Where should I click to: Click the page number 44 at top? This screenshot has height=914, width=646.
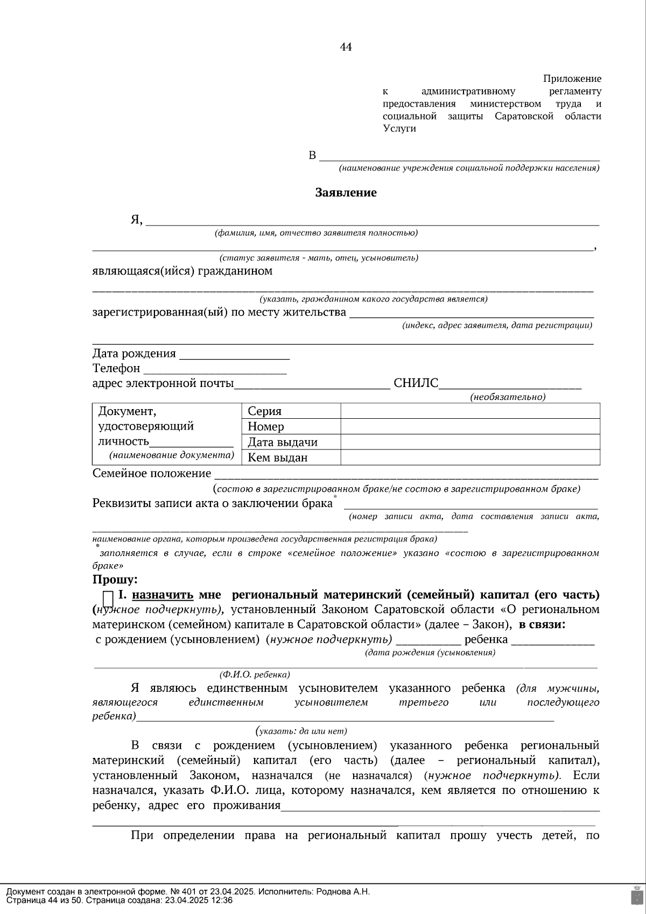tap(346, 47)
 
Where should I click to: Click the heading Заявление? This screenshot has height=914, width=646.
tap(346, 193)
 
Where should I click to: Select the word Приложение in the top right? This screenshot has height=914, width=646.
tap(572, 79)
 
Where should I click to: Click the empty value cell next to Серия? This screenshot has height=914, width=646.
tap(470, 411)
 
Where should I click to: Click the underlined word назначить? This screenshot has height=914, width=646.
tap(163, 595)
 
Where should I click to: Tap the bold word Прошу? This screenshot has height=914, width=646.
tap(115, 580)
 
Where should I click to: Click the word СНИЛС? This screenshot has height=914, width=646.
tap(416, 384)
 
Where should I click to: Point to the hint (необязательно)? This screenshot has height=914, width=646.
tap(508, 397)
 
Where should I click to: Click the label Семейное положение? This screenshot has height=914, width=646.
tap(152, 474)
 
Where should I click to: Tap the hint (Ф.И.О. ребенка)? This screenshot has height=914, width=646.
tap(255, 674)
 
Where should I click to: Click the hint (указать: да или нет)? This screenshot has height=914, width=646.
tap(301, 731)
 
